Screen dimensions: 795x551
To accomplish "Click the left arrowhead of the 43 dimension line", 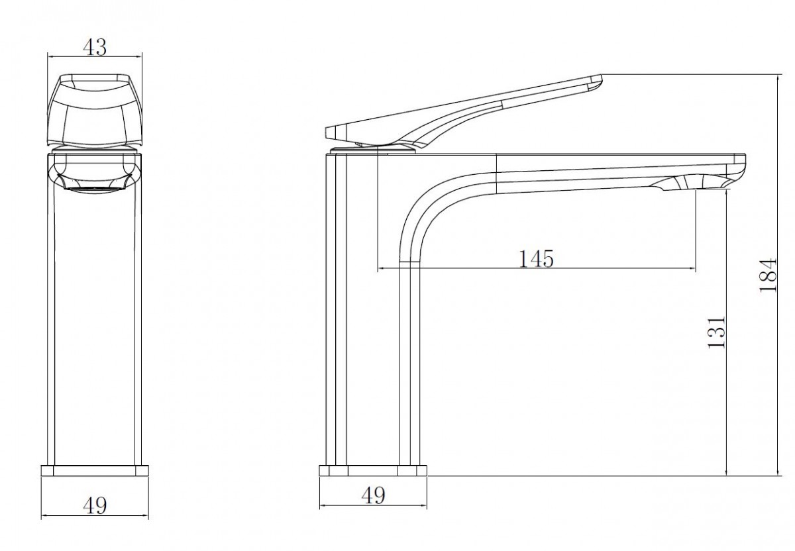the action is [x=50, y=56].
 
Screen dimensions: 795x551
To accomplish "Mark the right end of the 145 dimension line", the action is [x=695, y=269].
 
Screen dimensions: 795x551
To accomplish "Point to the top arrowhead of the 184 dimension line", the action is [x=778, y=77].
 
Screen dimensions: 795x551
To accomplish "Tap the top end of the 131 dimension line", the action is [x=727, y=191].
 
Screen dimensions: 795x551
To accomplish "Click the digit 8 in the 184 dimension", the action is [x=768, y=276].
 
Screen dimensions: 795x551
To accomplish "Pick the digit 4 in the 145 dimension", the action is [x=535, y=259].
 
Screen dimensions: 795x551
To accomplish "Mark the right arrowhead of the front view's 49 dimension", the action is [x=145, y=515].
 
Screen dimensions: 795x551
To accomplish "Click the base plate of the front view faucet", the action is [x=95, y=470].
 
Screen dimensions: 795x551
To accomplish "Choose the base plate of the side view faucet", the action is [x=373, y=470].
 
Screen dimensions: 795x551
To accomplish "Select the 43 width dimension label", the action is [x=95, y=47].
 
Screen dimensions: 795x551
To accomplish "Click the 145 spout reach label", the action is [x=536, y=259].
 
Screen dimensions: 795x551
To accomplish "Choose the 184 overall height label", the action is [x=768, y=275].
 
